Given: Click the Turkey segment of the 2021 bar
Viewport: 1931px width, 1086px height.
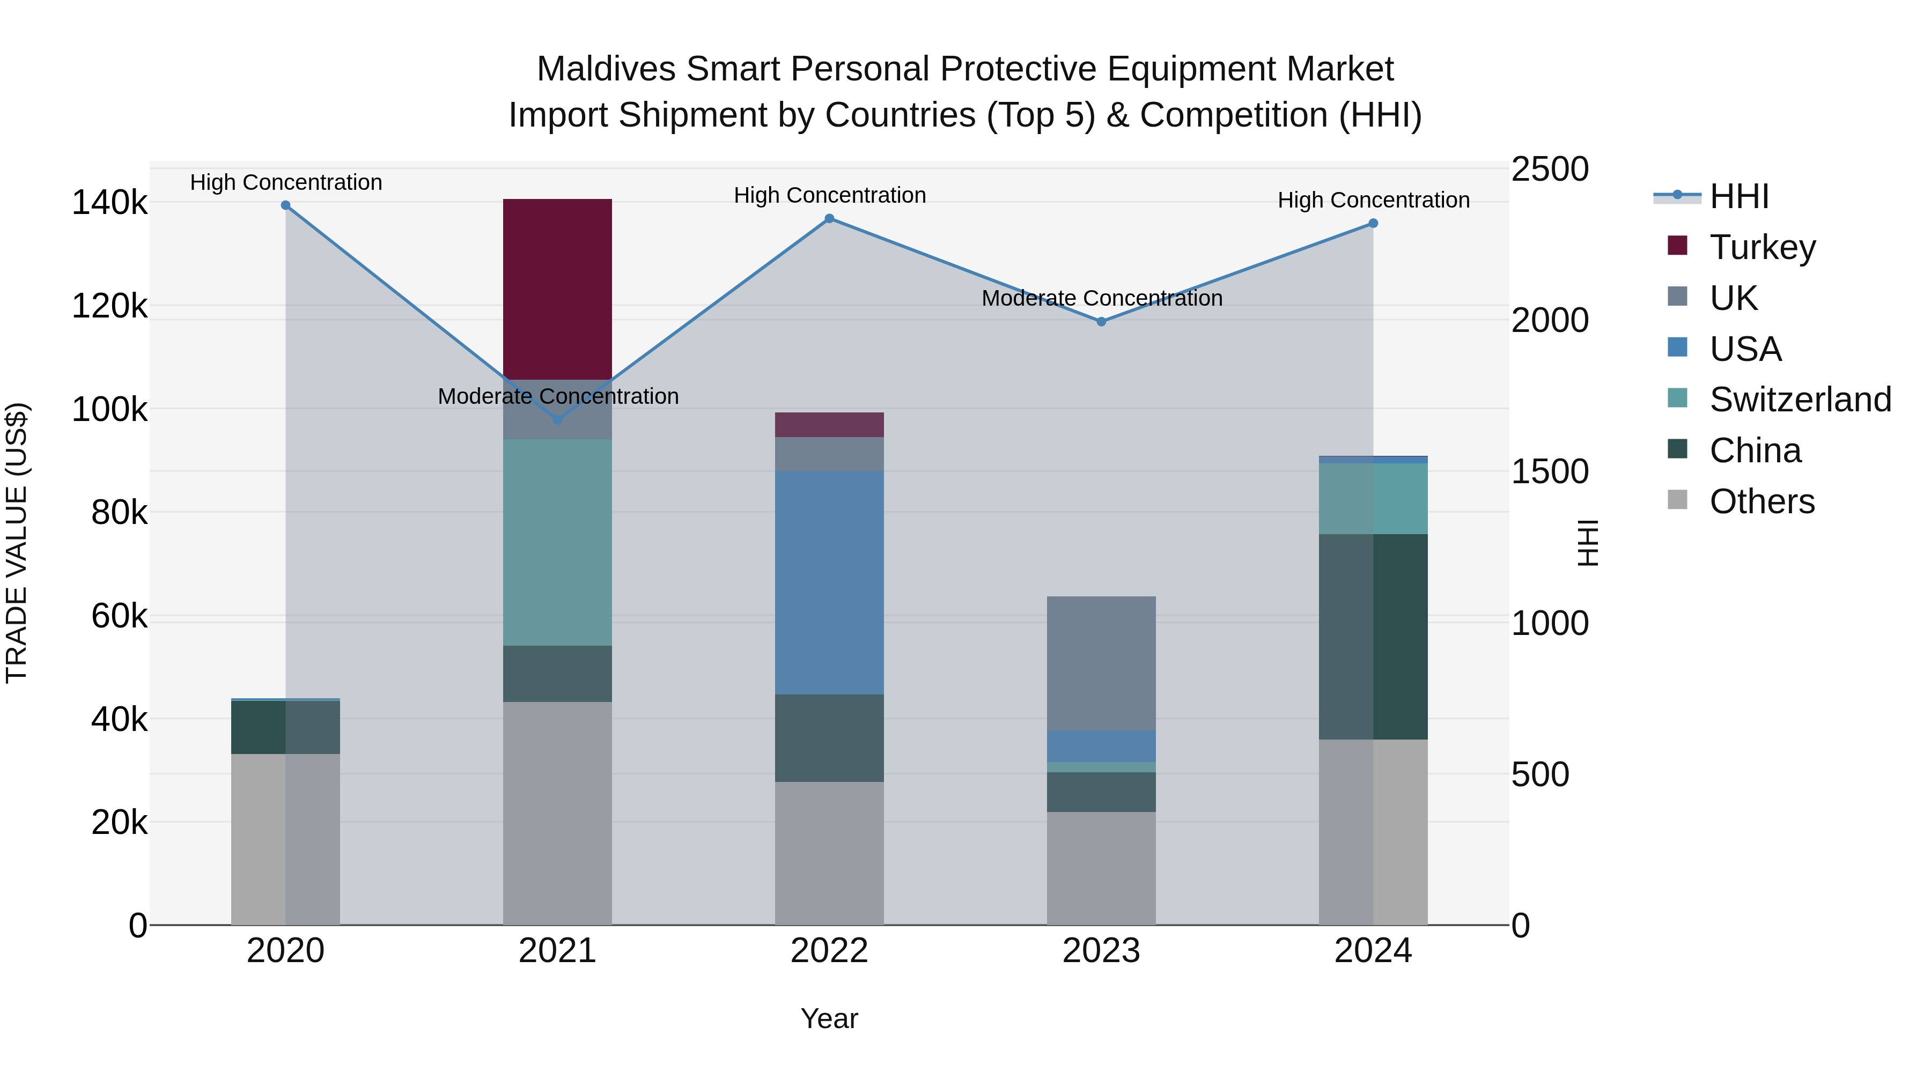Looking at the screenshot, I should point(557,289).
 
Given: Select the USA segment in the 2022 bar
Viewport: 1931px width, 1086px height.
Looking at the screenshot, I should point(829,582).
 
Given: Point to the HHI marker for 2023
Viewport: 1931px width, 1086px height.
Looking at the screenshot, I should point(1101,322).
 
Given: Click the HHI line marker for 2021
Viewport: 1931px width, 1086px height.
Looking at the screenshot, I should point(557,420).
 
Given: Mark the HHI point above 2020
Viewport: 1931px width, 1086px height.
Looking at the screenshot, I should point(285,205).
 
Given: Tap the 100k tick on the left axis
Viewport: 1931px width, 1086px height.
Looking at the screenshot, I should point(109,410).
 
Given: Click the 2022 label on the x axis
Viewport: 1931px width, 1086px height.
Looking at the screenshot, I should point(829,951).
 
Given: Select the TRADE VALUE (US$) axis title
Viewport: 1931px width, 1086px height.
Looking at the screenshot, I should point(17,543).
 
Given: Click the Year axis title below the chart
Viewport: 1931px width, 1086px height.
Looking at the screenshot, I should point(829,1018).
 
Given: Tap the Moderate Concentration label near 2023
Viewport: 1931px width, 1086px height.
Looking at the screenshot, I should point(1101,298).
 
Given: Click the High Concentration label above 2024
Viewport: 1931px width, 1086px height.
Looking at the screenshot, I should point(1373,200).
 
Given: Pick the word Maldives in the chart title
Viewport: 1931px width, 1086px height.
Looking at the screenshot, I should point(606,69).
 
